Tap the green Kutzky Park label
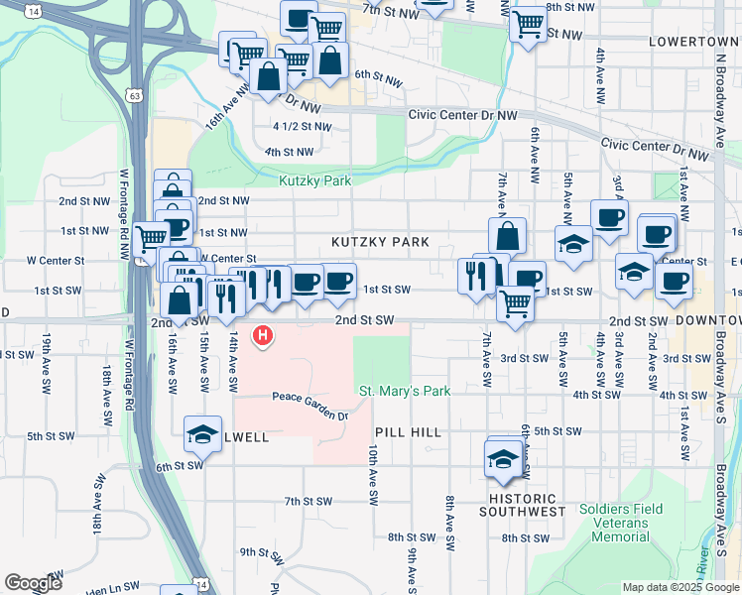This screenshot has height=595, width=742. coord(315,181)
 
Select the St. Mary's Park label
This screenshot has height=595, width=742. coord(405,391)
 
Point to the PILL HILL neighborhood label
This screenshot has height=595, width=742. coord(408,433)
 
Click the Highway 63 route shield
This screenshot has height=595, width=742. coord(134,94)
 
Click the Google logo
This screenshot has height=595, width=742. coord(33,583)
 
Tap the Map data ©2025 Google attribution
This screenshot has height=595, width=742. coord(680,587)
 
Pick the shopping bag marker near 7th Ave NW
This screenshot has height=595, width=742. coord(507,237)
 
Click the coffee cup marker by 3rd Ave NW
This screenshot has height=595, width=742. coord(609,218)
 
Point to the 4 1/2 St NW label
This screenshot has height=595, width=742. coord(302,127)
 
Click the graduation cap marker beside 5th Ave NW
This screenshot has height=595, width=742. coord(573,244)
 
